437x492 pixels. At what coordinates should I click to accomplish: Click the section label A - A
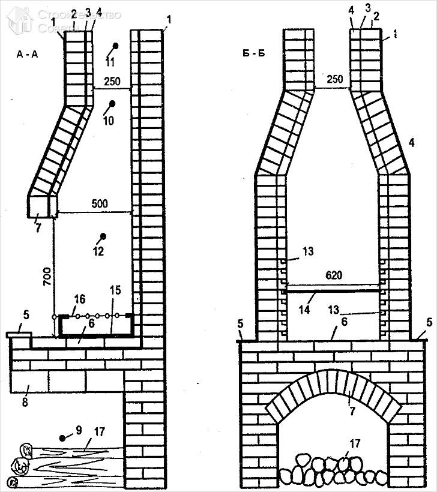click(28, 54)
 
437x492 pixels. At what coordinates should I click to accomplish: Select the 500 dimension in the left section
click(100, 204)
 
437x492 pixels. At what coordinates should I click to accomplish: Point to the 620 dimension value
click(334, 275)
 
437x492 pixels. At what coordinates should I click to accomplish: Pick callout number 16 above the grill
click(79, 298)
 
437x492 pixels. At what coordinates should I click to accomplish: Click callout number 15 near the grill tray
click(116, 290)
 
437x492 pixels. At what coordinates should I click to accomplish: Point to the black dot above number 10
click(112, 104)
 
